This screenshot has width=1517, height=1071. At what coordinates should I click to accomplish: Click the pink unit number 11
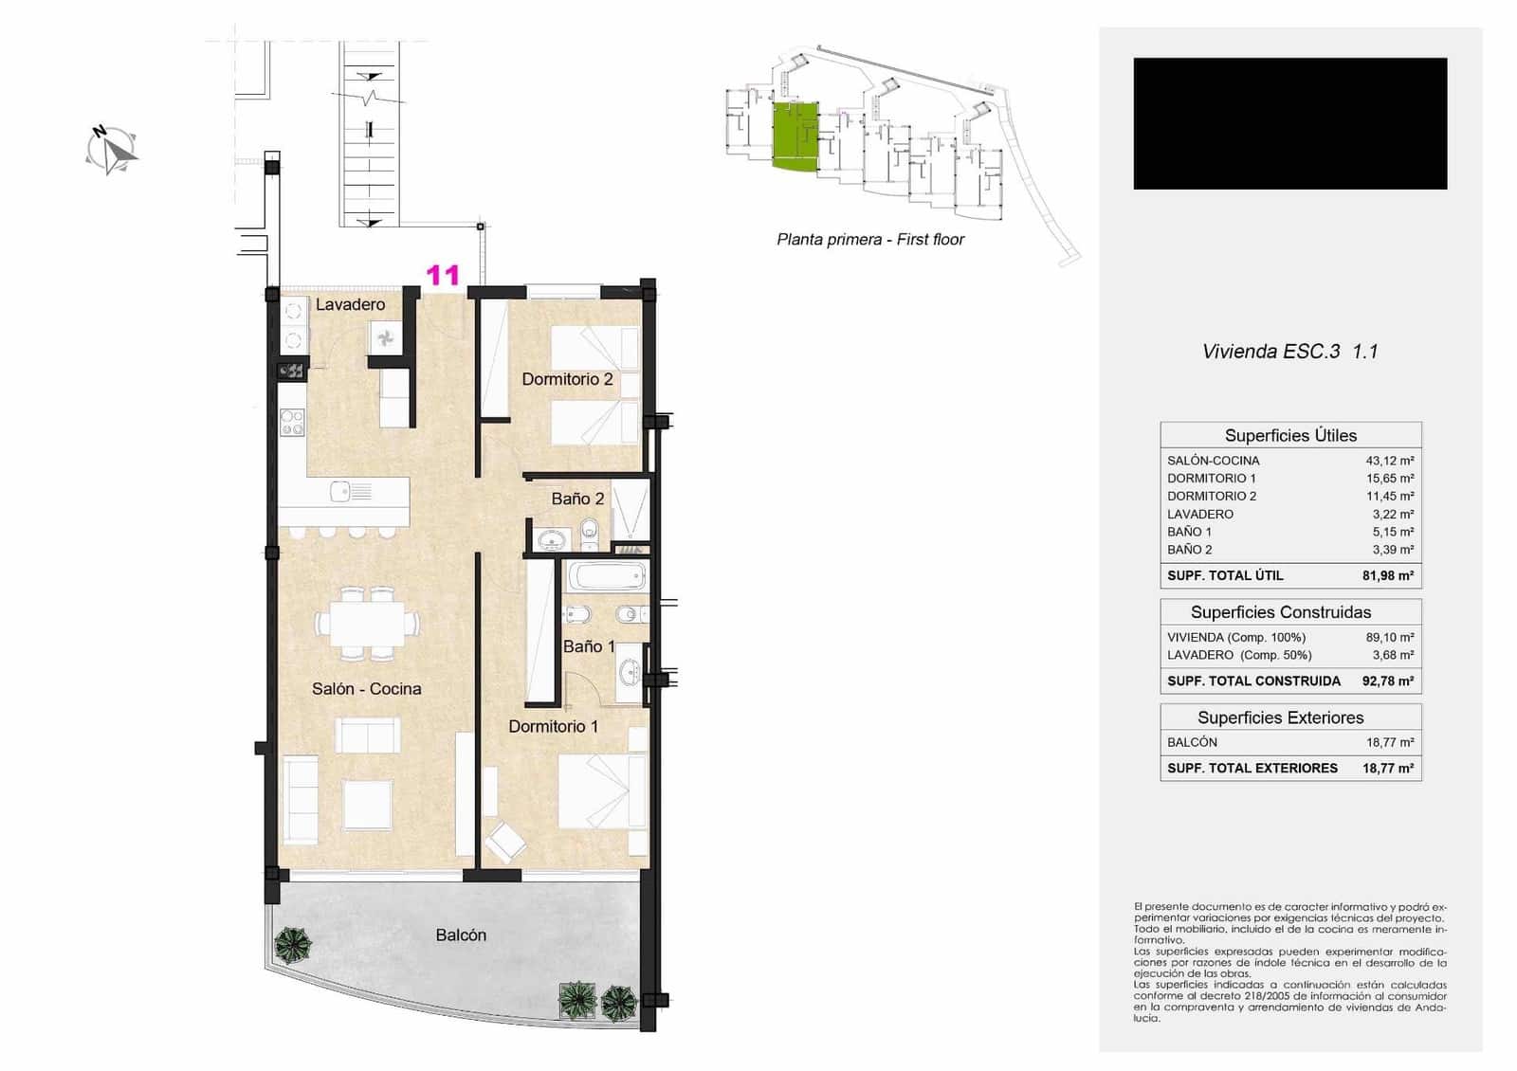(443, 275)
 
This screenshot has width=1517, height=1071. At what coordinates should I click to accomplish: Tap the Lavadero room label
(350, 304)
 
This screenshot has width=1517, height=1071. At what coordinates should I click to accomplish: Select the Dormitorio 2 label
(567, 379)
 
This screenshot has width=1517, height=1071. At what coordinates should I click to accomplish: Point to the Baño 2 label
(577, 499)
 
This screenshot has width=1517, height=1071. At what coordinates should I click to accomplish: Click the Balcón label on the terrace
(461, 935)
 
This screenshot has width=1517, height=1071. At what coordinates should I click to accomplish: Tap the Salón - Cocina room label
(366, 689)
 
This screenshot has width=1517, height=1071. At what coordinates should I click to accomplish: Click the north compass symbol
(112, 150)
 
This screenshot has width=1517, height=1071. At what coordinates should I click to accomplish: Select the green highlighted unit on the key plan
(795, 136)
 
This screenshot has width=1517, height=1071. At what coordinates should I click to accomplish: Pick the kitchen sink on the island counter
(338, 491)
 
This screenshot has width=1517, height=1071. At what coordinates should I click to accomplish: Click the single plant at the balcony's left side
(293, 945)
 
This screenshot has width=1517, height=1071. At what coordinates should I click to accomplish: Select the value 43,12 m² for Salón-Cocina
(1389, 461)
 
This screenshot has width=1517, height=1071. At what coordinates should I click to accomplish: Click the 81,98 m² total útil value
(1387, 575)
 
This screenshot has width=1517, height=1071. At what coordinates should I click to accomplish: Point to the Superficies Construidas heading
(1280, 612)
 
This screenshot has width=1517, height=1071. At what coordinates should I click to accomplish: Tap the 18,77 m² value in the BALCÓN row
(1389, 742)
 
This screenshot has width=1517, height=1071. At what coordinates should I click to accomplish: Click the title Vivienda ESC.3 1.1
(1289, 352)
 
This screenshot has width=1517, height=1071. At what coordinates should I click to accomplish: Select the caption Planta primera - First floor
(869, 240)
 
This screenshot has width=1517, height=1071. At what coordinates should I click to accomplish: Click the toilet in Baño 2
(590, 530)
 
